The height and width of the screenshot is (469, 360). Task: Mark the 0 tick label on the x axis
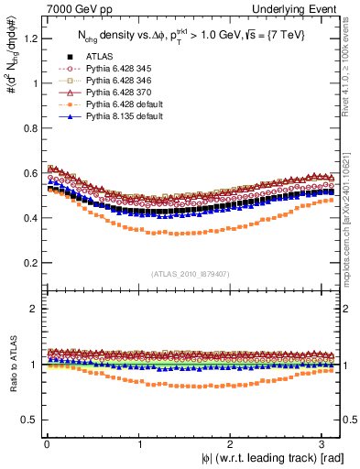pyautogui.click(x=47, y=443)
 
